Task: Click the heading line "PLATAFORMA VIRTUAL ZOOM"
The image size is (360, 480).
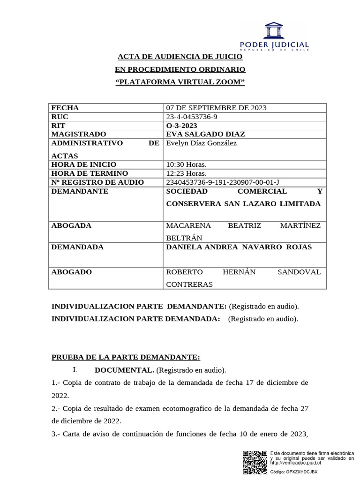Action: pyautogui.click(x=180, y=82)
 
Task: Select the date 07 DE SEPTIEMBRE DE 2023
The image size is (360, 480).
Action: pyautogui.click(x=216, y=108)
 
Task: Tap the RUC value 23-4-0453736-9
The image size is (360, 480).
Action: pyautogui.click(x=192, y=117)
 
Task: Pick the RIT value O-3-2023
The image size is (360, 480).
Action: pyautogui.click(x=182, y=126)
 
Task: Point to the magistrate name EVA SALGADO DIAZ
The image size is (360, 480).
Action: pyautogui.click(x=205, y=135)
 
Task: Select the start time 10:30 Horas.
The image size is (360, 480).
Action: pyautogui.click(x=186, y=165)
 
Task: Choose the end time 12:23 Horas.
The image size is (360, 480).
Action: pyautogui.click(x=186, y=173)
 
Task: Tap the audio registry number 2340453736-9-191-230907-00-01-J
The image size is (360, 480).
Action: pyautogui.click(x=223, y=182)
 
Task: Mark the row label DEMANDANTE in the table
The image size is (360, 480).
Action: pyautogui.click(x=80, y=191)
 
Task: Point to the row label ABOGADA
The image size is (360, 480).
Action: pyautogui.click(x=71, y=225)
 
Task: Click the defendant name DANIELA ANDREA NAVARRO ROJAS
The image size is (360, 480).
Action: pyautogui.click(x=239, y=247)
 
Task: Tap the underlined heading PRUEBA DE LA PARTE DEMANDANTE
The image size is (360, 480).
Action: pyautogui.click(x=126, y=357)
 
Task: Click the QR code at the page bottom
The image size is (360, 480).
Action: pyautogui.click(x=255, y=463)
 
